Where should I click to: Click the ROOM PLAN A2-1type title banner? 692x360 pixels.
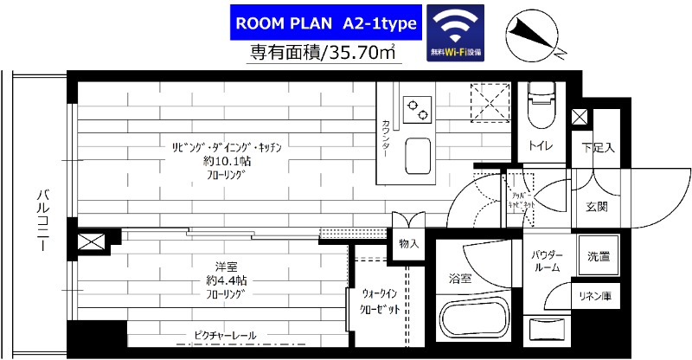(325, 23)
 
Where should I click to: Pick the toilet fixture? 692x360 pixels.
(541, 100)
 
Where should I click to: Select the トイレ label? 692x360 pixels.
(541, 146)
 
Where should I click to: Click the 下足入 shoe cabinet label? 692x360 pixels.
(597, 147)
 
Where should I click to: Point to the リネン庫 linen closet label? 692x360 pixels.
(596, 297)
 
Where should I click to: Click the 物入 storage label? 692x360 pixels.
(408, 244)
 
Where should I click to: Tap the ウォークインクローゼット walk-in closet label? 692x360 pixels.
(379, 301)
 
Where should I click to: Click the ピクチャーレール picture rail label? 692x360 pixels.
(225, 334)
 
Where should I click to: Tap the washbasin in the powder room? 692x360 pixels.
(548, 328)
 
